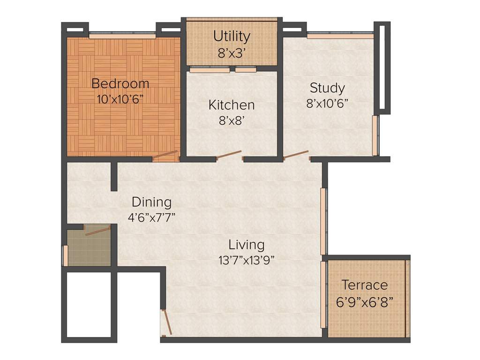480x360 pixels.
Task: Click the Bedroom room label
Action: (x=120, y=84)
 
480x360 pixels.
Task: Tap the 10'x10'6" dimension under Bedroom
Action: (x=120, y=99)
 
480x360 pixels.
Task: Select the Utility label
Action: (x=232, y=36)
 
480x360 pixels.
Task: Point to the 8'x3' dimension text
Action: (x=232, y=53)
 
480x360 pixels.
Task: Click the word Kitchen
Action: (x=232, y=105)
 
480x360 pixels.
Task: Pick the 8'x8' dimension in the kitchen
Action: (x=232, y=120)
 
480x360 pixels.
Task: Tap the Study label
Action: (x=327, y=88)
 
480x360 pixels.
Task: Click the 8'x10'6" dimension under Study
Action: (x=327, y=104)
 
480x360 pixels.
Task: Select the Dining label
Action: (x=151, y=202)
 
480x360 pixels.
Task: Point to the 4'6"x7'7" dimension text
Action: (x=151, y=218)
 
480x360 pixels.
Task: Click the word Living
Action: (x=247, y=245)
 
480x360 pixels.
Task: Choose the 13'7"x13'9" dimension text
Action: (x=247, y=260)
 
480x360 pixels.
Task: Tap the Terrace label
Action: (x=364, y=285)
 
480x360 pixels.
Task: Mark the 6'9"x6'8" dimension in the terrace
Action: (x=364, y=301)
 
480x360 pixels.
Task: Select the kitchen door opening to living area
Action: (x=229, y=155)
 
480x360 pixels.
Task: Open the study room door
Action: (x=296, y=154)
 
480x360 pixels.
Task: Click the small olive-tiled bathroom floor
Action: (x=89, y=248)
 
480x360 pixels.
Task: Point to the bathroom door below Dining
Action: (x=97, y=229)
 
